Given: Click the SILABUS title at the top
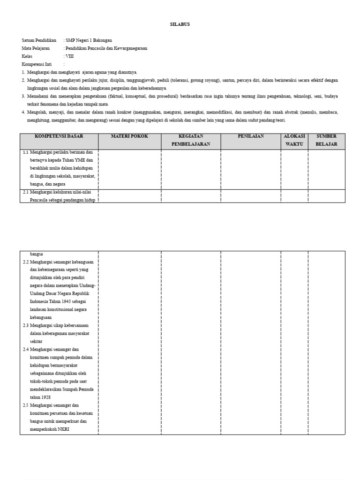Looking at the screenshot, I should (180, 24).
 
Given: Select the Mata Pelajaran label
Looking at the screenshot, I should (37, 48).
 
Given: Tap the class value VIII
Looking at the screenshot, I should (69, 56).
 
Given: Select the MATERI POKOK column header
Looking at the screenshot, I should (129, 136).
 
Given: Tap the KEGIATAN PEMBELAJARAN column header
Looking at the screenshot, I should (191, 140).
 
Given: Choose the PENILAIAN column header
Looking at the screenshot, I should (250, 136).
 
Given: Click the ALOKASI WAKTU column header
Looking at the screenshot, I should (294, 140).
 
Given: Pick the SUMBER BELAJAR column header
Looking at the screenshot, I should (326, 140).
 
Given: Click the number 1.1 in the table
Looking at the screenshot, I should (26, 152).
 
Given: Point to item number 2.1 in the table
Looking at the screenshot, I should (26, 192).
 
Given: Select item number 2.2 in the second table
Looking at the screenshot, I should (26, 262).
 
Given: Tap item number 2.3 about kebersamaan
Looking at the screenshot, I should (26, 325).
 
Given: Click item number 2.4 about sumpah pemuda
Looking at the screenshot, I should (26, 349).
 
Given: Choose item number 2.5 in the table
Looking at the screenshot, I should (26, 405).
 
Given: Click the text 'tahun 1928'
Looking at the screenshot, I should (40, 397).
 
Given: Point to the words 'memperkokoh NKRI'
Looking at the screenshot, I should (50, 429).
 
